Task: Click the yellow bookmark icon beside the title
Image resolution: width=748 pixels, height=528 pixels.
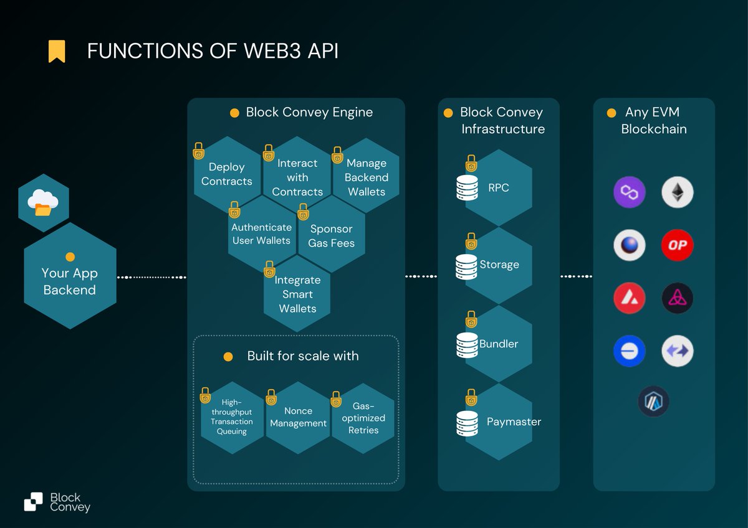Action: [57, 51]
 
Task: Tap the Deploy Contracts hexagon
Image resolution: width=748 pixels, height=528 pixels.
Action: [226, 174]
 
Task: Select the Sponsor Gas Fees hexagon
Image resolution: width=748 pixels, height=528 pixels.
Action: [331, 236]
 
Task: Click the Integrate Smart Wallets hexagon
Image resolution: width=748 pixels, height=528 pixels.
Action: [297, 294]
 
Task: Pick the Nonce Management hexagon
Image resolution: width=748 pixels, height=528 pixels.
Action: [298, 417]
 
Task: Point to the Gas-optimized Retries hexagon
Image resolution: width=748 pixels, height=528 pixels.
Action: [363, 418]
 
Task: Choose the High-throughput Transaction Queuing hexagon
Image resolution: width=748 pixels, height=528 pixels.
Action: [232, 418]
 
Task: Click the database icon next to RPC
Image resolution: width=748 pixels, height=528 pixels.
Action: [467, 187]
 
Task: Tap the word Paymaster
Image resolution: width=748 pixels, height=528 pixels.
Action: [514, 422]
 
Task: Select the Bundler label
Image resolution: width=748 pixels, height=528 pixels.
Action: [499, 344]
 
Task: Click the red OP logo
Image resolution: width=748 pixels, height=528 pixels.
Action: [677, 245]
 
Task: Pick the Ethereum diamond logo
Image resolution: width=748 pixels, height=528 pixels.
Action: [677, 192]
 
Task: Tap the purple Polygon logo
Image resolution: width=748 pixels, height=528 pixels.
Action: [629, 192]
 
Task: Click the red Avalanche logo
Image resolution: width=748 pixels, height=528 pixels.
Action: [629, 298]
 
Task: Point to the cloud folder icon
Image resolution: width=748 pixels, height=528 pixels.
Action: [43, 203]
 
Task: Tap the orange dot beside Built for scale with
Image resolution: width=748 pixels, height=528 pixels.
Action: [228, 357]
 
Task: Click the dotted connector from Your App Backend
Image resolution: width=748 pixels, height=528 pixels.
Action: [151, 276]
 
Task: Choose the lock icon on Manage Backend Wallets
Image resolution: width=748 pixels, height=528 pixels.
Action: [337, 154]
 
